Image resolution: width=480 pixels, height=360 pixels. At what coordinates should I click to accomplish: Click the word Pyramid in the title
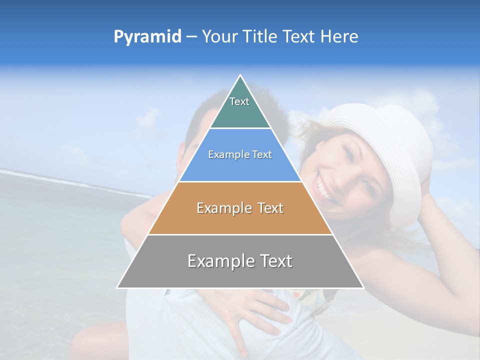click(147, 37)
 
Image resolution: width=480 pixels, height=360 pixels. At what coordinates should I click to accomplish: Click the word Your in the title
click(218, 36)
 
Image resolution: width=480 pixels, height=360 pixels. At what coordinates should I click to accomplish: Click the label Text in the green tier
click(239, 101)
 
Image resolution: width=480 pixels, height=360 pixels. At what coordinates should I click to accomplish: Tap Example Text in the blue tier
click(240, 154)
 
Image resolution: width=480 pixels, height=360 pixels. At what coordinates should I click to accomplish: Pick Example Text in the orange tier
click(240, 208)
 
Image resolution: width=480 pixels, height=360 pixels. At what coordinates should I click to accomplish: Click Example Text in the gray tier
click(240, 261)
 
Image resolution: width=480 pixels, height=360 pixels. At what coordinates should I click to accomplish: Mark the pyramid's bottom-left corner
click(117, 288)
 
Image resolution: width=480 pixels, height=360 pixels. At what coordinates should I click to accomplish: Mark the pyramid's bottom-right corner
click(363, 288)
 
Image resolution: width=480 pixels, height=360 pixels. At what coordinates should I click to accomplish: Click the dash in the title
click(191, 37)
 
